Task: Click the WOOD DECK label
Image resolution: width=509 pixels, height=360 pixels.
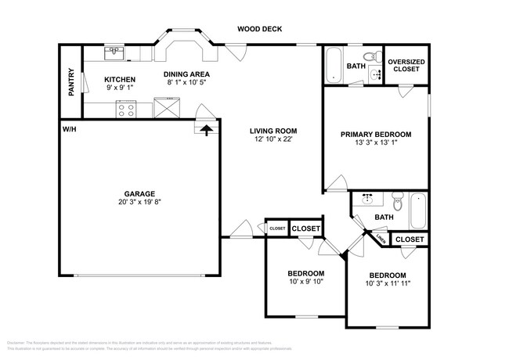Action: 260,30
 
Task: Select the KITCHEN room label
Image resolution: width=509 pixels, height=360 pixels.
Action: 121,80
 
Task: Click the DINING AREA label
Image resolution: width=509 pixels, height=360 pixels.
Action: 187,74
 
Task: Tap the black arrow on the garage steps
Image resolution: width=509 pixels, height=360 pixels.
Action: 207,130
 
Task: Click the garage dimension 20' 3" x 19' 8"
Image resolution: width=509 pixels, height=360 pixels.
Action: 139,201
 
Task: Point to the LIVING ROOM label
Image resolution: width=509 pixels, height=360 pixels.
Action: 273,131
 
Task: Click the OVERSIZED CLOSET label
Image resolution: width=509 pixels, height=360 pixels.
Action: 406,64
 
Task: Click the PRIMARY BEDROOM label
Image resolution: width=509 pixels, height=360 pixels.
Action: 375,135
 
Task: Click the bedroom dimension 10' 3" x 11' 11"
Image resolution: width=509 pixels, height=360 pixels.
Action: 388,283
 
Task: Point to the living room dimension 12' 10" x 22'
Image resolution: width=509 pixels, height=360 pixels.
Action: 273,139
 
